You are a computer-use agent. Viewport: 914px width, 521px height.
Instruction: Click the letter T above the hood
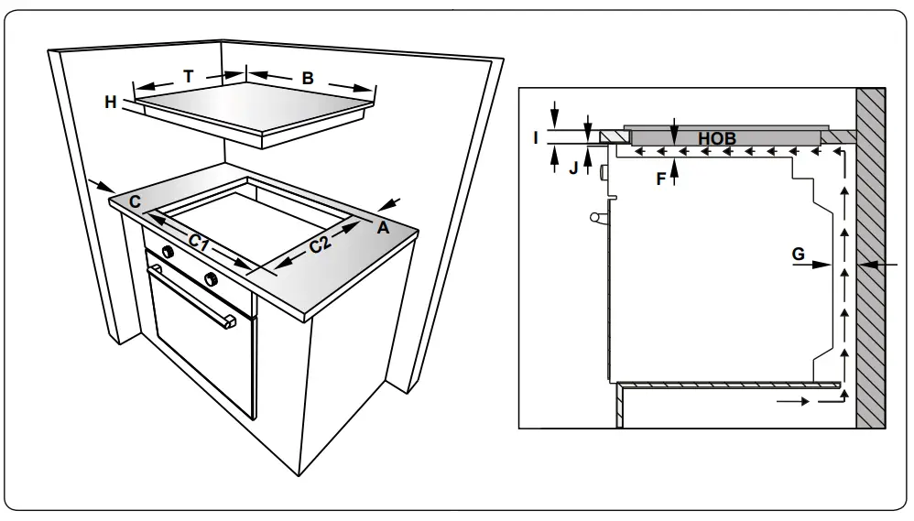(x=189, y=77)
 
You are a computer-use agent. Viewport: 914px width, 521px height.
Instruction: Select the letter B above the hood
(x=308, y=79)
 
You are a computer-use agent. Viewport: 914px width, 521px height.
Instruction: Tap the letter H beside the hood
(x=111, y=103)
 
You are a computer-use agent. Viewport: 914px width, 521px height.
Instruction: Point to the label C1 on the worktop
(x=201, y=242)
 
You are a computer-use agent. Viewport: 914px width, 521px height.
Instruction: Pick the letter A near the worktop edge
(x=384, y=227)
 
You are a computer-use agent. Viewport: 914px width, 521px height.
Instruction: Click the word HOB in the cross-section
(x=717, y=138)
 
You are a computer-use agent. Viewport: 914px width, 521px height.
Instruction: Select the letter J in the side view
(x=572, y=168)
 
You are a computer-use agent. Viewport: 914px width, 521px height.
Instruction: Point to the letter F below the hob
(x=659, y=179)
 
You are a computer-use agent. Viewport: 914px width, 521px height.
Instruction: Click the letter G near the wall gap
(x=799, y=254)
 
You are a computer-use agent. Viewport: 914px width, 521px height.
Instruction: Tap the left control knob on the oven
(x=168, y=252)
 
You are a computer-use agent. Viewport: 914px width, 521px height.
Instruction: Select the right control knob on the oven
(x=211, y=277)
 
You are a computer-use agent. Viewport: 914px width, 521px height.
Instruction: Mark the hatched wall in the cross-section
(x=871, y=256)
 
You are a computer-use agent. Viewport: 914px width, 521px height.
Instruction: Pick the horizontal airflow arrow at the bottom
(x=793, y=401)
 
